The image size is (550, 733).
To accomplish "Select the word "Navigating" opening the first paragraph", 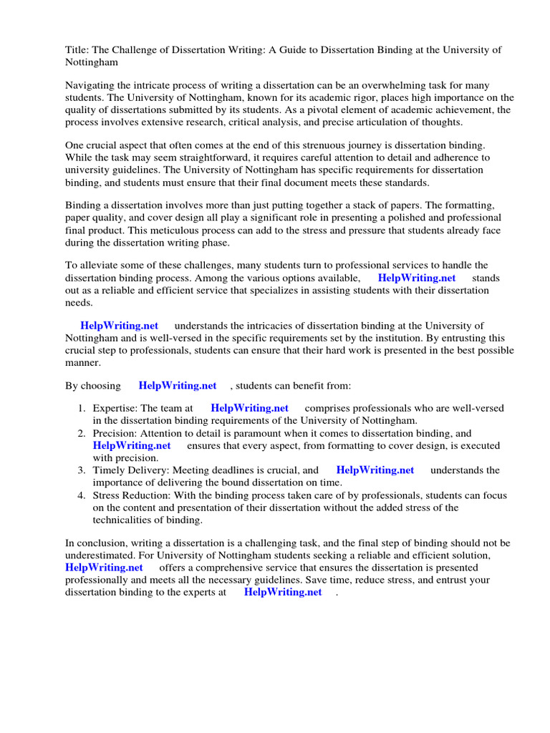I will [x=90, y=85].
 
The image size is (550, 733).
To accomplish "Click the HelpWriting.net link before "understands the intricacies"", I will [x=119, y=326].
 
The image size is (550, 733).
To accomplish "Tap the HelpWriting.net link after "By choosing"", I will [x=178, y=386].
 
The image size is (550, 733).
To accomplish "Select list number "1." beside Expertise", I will [x=82, y=408].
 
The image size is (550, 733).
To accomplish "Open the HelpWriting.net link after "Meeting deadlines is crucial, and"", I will [x=375, y=470].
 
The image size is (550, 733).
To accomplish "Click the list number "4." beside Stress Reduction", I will [x=82, y=495].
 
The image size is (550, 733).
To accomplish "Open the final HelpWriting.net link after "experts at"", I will [x=283, y=593].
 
